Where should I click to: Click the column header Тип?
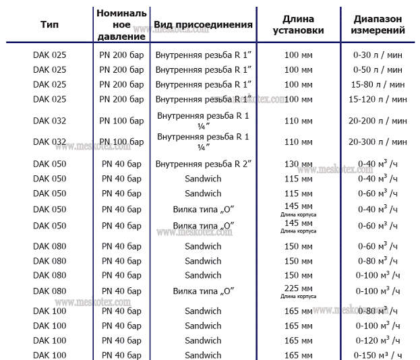click(49, 25)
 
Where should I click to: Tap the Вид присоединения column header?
click(203, 25)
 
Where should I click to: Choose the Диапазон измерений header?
click(379, 25)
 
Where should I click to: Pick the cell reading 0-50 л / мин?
click(378, 69)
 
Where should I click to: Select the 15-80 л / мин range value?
click(378, 84)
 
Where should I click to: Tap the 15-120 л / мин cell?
click(378, 99)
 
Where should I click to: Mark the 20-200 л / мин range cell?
click(378, 121)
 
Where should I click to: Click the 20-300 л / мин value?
click(378, 142)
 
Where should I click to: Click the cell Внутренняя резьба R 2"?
click(203, 164)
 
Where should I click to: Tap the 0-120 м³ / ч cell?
click(378, 340)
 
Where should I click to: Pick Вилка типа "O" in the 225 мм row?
click(203, 291)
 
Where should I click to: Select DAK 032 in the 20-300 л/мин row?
click(49, 142)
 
